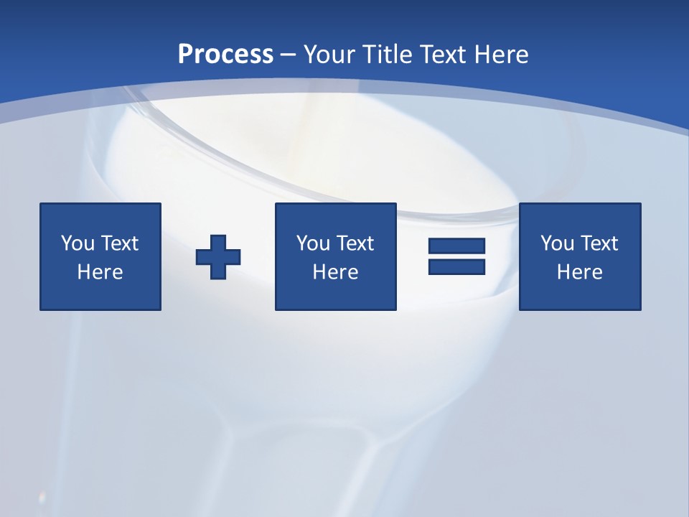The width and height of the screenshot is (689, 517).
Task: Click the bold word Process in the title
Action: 225,55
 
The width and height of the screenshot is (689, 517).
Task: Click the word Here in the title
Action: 502,55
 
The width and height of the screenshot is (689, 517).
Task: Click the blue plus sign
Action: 218,256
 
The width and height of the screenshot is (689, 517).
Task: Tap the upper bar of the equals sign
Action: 456,246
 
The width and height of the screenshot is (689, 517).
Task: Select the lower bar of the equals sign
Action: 456,266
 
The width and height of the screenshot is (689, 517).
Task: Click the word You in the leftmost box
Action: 78,243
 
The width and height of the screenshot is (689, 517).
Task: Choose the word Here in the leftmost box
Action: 100,272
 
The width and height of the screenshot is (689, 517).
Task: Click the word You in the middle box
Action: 313,243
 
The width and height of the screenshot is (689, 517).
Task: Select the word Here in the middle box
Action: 336,272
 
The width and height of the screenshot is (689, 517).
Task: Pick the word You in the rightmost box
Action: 557,243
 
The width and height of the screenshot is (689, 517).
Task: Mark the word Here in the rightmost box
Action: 580,272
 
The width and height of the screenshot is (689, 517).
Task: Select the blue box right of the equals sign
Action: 580,294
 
